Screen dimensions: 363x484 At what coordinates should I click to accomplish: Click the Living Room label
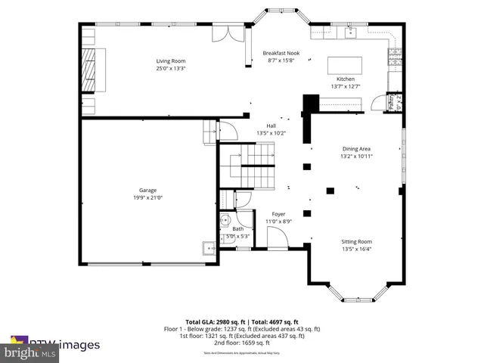(x=171, y=61)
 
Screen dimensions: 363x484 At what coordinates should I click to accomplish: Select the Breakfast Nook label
(x=281, y=53)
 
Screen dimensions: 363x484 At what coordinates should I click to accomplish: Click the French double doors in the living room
(x=228, y=33)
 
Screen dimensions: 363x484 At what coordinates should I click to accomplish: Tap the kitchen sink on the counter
(x=351, y=32)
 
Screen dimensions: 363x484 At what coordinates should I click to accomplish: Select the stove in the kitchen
(x=393, y=56)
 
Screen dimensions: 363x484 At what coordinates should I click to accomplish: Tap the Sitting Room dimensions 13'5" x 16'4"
(x=356, y=249)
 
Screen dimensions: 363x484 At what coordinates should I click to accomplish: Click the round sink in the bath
(x=225, y=222)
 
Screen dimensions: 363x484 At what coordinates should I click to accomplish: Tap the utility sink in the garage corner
(x=206, y=248)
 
